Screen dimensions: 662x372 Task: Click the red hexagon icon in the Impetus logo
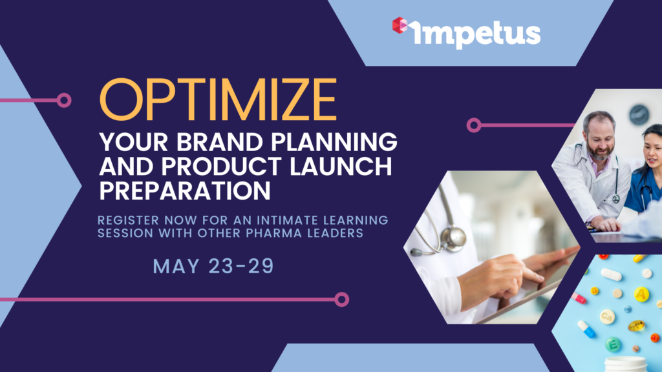coord(400,25)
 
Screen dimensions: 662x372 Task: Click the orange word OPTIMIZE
coord(218,99)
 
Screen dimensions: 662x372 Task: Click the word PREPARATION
coord(185,191)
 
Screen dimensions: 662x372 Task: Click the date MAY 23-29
coord(213,266)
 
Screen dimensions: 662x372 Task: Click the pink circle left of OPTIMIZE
coord(64,100)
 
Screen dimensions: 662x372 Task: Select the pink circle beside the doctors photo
coord(474,125)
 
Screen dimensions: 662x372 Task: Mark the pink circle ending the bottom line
coord(341,300)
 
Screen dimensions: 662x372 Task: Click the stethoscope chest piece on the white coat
coord(453,238)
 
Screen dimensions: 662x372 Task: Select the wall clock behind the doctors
coord(639,115)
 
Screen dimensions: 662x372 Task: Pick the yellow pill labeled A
coord(641,294)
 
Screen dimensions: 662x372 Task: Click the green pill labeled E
coord(613,345)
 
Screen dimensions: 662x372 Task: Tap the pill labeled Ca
coord(607,316)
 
